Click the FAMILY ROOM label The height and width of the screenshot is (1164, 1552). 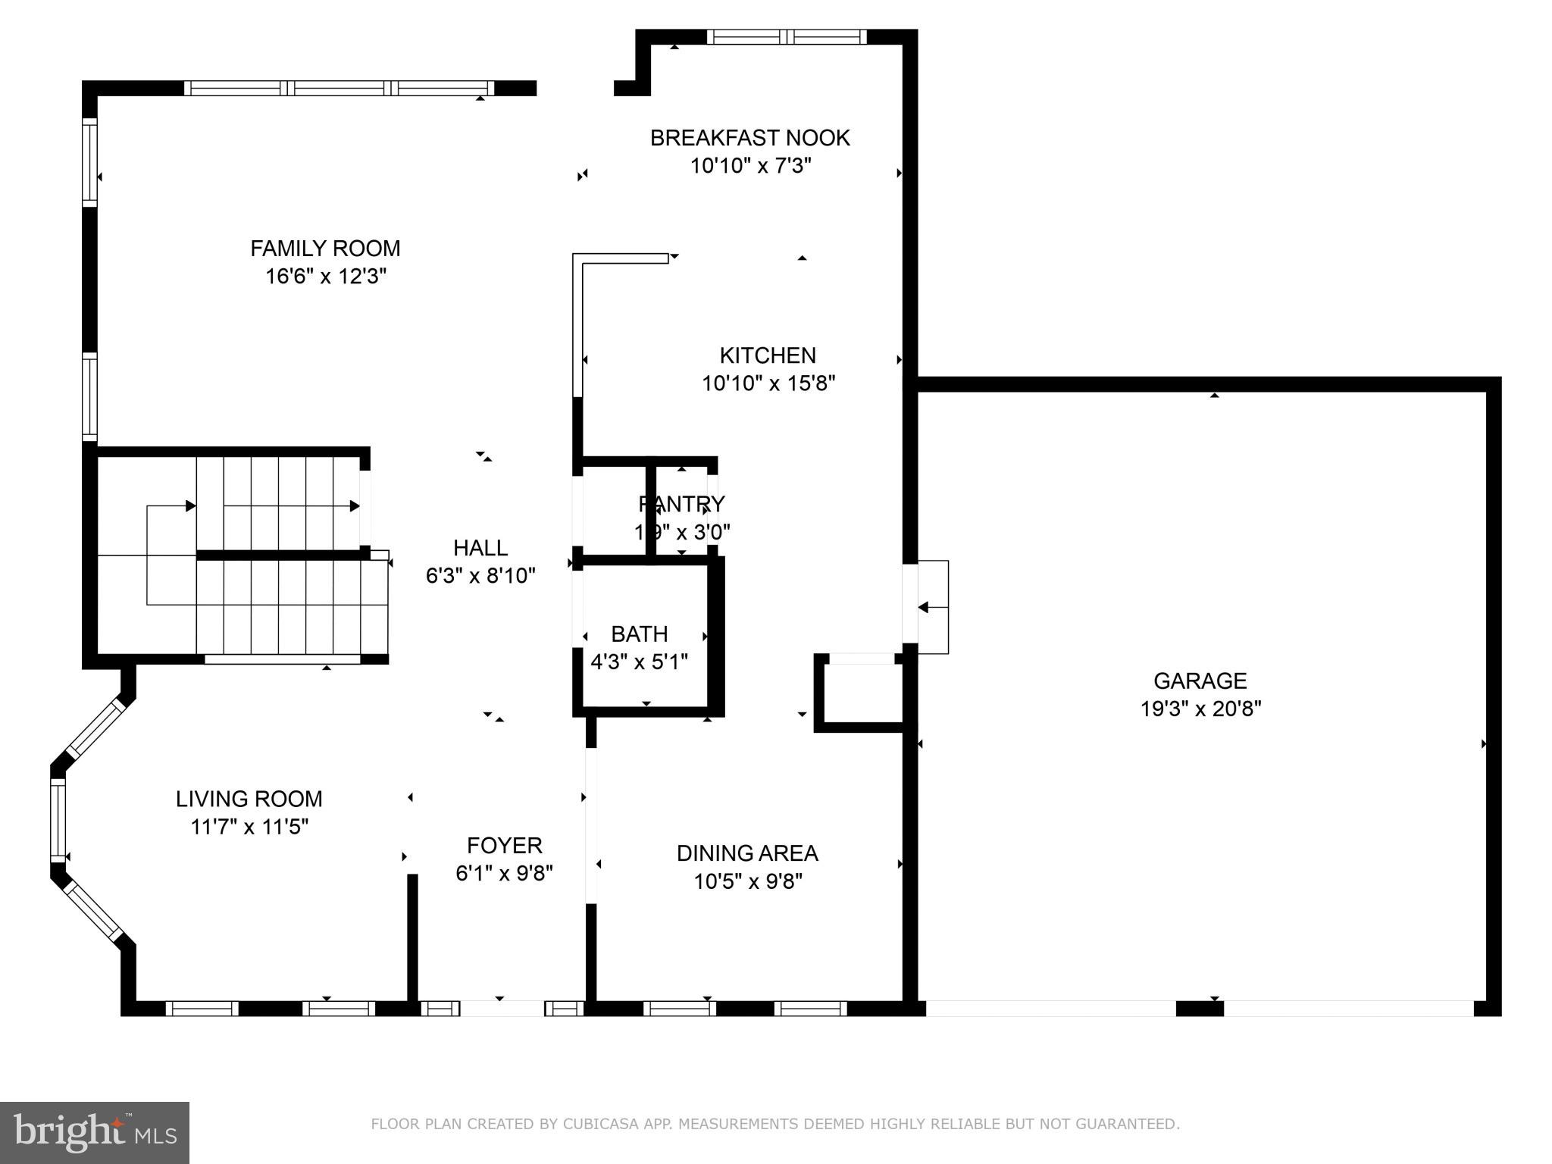coord(325,249)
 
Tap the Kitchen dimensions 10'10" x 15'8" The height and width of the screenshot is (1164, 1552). coord(768,383)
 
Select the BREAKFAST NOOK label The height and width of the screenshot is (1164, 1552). coord(749,138)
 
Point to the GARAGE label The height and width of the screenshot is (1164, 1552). coord(1200,681)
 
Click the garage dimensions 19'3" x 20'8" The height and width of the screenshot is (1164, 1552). coord(1200,709)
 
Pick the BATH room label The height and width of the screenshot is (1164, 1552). coord(639,634)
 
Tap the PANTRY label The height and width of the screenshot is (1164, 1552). coord(681,504)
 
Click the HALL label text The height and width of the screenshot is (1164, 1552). coord(480,548)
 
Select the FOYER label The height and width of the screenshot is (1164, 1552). coord(504,845)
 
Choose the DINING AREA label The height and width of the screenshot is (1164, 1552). coord(746,853)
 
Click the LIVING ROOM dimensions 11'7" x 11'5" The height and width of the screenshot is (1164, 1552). coord(249,827)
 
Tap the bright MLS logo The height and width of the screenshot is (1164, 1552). coord(94,1132)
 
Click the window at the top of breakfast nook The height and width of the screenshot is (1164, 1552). coord(787,37)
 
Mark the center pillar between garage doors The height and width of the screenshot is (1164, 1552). coord(1199,1008)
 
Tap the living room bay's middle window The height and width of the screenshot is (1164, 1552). coord(58,821)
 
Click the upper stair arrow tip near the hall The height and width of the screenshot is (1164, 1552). coord(355,505)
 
